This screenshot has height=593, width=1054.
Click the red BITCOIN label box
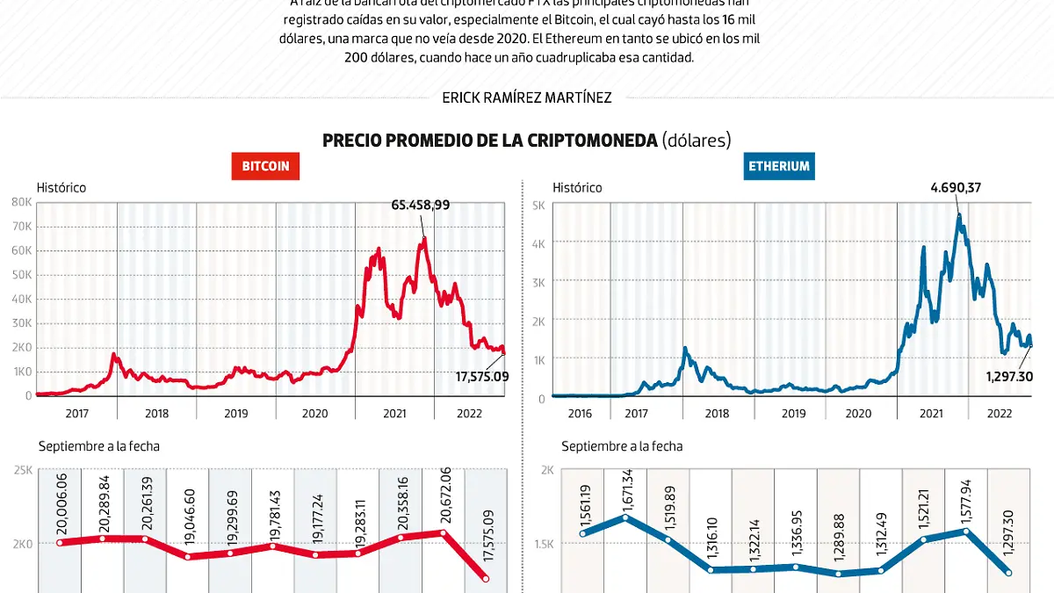(265, 166)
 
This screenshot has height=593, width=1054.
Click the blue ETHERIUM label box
(778, 166)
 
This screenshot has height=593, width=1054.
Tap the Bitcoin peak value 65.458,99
(420, 205)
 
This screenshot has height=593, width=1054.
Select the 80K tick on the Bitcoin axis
(21, 202)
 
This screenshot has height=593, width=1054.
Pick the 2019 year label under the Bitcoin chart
(235, 413)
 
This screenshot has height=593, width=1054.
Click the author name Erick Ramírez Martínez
(527, 98)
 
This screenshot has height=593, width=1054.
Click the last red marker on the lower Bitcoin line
(486, 578)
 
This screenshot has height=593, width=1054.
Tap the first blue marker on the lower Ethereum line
(582, 533)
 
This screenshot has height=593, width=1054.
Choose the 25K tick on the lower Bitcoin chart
(21, 471)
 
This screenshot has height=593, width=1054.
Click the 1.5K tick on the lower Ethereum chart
(544, 544)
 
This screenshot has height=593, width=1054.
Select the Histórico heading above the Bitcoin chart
(61, 187)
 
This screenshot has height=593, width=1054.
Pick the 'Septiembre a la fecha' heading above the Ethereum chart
(622, 446)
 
